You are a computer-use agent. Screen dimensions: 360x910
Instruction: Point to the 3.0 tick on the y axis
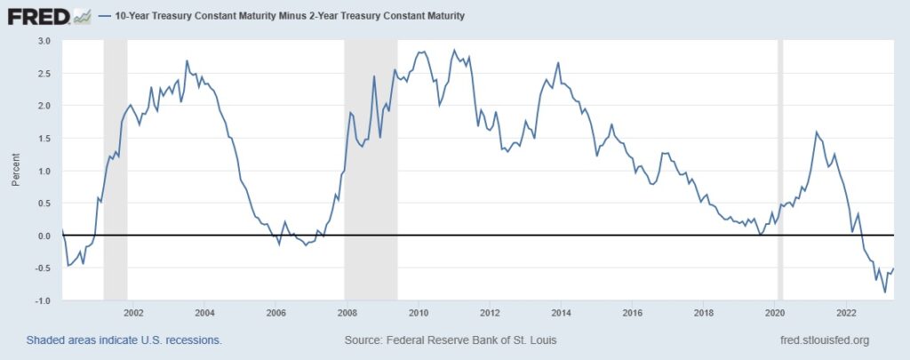coord(45,41)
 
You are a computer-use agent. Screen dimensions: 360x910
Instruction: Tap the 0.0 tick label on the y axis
coord(45,236)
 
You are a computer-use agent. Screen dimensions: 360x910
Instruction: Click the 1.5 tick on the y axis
coord(45,138)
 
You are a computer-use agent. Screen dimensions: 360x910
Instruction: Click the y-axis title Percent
coord(15,171)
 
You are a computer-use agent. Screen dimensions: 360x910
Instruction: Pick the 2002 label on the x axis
coord(133,313)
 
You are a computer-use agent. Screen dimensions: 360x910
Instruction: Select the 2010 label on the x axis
coord(419,313)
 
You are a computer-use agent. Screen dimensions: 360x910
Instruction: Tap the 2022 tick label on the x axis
coord(846,313)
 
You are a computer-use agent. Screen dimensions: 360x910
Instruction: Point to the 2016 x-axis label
coord(632,313)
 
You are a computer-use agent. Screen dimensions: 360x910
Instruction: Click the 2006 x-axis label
coord(275,313)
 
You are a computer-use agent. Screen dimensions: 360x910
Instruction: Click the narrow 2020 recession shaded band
coord(780,169)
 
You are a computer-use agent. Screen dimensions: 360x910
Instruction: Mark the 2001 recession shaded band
coord(116,169)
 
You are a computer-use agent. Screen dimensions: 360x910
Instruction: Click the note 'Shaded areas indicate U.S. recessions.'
coord(124,340)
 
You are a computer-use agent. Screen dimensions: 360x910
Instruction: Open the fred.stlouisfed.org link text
coord(822,340)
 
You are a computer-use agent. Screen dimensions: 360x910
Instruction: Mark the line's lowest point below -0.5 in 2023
coord(884,292)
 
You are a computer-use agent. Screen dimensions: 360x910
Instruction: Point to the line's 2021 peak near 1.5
coord(816,132)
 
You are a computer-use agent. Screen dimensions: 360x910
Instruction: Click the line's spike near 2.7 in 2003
coord(187,60)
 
